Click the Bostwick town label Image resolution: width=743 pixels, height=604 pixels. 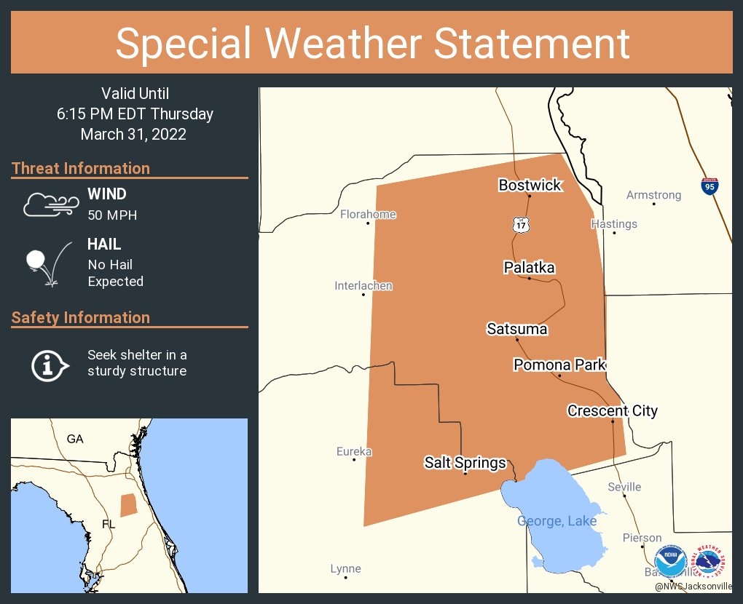[x=530, y=185]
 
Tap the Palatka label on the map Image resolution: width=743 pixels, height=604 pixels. [x=529, y=268]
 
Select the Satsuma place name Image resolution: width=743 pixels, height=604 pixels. [x=516, y=329]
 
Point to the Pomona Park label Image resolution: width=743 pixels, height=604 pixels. [x=559, y=365]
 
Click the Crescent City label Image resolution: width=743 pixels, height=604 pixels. [x=612, y=411]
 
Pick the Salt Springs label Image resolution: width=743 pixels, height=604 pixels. [x=465, y=463]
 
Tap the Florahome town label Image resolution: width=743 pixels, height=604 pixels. [x=368, y=214]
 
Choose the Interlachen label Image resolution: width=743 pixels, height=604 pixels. [x=363, y=285]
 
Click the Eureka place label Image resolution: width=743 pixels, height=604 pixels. [x=354, y=451]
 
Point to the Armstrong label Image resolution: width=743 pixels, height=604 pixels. [x=653, y=195]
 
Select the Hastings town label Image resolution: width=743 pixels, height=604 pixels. [x=614, y=223]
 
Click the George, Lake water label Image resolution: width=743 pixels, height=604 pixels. [x=557, y=521]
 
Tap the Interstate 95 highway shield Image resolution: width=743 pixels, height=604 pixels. [x=709, y=186]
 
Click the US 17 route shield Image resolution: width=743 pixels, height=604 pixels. [x=520, y=225]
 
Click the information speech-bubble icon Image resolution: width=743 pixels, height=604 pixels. [x=49, y=364]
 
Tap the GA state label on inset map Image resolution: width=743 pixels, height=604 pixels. [x=75, y=439]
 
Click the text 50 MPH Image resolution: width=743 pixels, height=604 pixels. [x=112, y=215]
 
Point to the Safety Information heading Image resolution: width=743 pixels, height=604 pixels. [x=81, y=317]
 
